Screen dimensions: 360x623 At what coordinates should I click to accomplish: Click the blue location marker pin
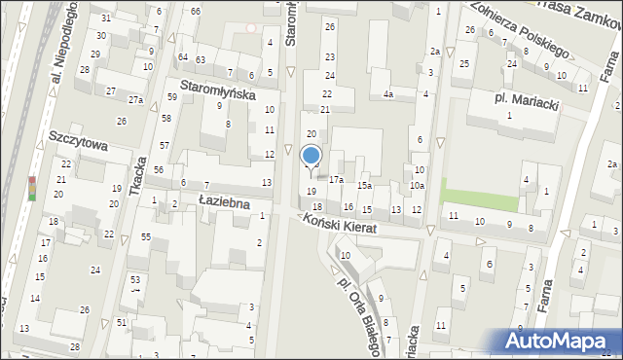pos(311,157)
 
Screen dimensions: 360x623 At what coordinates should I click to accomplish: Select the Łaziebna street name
pos(220,202)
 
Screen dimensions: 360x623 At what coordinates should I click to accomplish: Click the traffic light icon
pos(31,188)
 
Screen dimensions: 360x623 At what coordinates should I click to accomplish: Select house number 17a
pos(336,180)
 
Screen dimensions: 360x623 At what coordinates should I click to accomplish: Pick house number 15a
pos(364,185)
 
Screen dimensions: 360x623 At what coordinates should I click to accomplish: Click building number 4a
pos(387,94)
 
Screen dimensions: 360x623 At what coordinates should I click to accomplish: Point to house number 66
pos(196,11)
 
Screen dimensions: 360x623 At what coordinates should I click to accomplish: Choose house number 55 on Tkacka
pos(145,237)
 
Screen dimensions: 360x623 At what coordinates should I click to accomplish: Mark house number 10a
pos(417,185)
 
